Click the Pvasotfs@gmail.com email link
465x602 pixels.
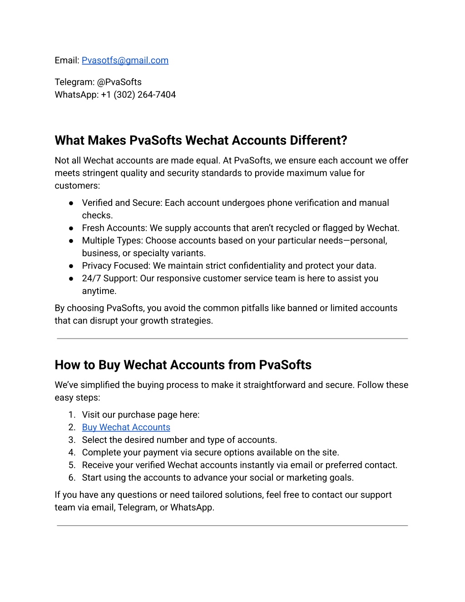click(x=125, y=60)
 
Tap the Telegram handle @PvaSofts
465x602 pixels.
click(x=119, y=82)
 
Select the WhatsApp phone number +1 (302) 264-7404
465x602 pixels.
click(x=138, y=95)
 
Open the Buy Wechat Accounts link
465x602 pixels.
click(x=126, y=428)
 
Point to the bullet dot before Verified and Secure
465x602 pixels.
click(x=71, y=203)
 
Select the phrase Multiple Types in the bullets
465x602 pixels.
click(x=112, y=241)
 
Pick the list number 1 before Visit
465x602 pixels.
click(x=72, y=415)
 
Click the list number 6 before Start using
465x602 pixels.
click(x=72, y=478)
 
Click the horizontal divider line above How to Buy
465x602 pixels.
click(x=232, y=338)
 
